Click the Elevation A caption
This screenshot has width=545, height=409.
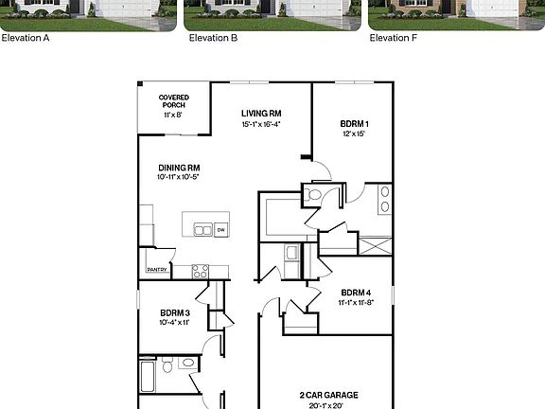(26, 39)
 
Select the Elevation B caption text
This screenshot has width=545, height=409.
(213, 39)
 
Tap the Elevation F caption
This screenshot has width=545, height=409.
(394, 39)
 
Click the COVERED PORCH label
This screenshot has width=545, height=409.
(172, 100)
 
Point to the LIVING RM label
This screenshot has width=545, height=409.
(260, 114)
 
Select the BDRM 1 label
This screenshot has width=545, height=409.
(353, 124)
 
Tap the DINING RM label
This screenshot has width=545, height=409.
(180, 168)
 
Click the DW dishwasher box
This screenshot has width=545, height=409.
(220, 229)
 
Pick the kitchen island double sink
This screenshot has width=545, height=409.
(203, 229)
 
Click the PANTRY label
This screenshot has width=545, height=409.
(157, 270)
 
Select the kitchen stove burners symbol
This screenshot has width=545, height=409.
(201, 271)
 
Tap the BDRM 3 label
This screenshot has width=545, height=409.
(175, 312)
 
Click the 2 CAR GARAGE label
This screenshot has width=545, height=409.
(328, 395)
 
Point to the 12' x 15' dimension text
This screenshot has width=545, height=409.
(353, 134)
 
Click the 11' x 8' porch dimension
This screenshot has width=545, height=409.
(172, 115)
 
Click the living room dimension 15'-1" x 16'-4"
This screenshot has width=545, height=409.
(260, 124)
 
